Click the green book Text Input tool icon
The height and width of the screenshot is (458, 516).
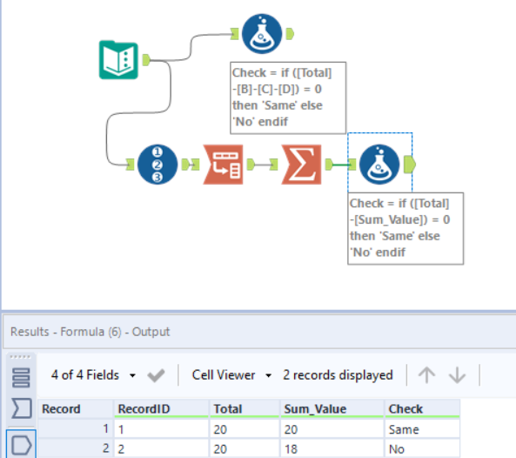(119, 60)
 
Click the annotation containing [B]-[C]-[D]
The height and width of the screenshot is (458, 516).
(289, 97)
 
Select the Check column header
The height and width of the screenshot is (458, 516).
(405, 408)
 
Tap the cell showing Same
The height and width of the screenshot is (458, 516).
(403, 429)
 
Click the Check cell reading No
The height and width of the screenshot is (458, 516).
(398, 448)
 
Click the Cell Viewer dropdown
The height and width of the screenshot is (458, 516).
(229, 375)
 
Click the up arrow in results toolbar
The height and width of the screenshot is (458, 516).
(426, 375)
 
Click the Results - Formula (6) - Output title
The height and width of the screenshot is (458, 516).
(90, 332)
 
